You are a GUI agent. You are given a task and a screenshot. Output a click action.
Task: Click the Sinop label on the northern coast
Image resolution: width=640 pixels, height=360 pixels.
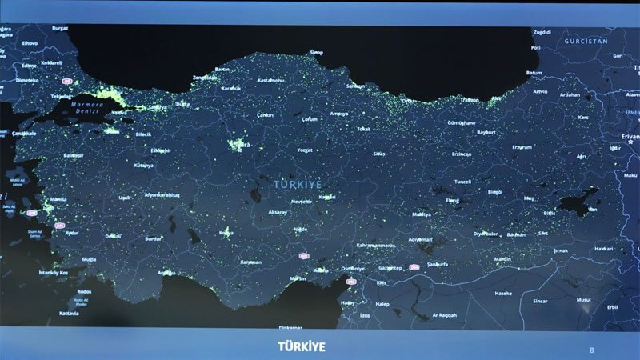click(x=317, y=53)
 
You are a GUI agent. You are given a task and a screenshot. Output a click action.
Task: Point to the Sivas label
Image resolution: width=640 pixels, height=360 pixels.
click(x=379, y=153)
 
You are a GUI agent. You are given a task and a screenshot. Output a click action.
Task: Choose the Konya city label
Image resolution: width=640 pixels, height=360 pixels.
click(x=226, y=233)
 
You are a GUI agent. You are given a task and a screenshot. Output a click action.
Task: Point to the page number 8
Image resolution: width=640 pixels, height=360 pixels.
click(x=591, y=350)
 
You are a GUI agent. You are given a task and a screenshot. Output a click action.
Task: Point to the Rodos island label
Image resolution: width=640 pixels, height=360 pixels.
click(x=84, y=292)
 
